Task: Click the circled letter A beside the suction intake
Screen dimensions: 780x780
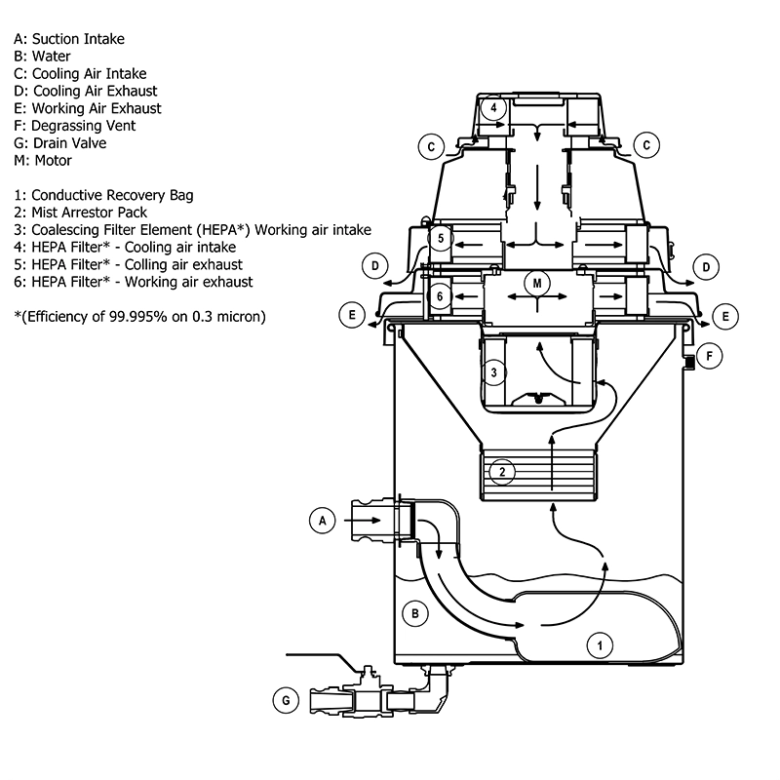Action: point(321,523)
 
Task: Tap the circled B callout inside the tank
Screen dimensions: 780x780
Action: point(415,613)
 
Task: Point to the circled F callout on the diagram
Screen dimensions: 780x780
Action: point(710,356)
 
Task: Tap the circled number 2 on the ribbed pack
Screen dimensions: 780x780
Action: point(501,472)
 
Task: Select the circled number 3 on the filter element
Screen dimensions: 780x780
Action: point(494,372)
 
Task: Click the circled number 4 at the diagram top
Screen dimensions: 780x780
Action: point(494,107)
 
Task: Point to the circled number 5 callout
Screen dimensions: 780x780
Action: point(441,238)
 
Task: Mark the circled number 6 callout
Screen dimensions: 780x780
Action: point(440,295)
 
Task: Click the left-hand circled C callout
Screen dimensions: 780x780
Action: point(430,147)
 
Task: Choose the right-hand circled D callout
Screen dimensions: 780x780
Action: point(707,265)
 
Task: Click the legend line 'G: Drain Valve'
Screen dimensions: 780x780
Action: point(59,143)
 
